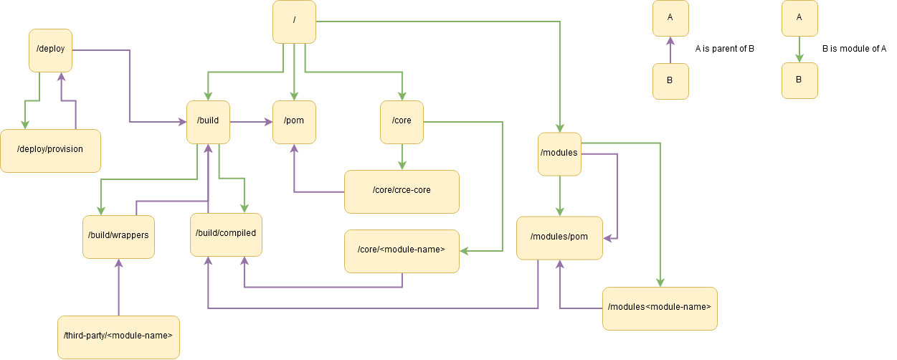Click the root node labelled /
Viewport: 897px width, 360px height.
tap(294, 22)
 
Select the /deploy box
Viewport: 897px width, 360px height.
tap(50, 50)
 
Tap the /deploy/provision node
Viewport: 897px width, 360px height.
tap(50, 151)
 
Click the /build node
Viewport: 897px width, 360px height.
tap(208, 122)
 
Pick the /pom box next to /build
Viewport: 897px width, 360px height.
tap(294, 122)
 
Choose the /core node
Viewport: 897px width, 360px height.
tap(402, 122)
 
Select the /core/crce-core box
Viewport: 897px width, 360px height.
tap(402, 191)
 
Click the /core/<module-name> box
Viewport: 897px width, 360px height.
tap(402, 251)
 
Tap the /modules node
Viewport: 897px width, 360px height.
tap(559, 153)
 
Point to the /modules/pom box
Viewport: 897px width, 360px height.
tap(559, 237)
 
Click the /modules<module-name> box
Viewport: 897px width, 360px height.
tap(659, 308)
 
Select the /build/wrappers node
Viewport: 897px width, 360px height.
tap(118, 237)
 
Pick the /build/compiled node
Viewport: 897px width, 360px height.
tap(226, 235)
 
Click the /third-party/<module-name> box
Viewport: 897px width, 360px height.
tap(118, 337)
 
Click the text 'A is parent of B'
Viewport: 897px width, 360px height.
tap(724, 49)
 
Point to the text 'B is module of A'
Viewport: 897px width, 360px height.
tap(854, 49)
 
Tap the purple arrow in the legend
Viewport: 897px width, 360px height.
tap(670, 50)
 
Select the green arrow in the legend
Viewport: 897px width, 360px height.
tap(799, 50)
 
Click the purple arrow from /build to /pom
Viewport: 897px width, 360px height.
tap(251, 122)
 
